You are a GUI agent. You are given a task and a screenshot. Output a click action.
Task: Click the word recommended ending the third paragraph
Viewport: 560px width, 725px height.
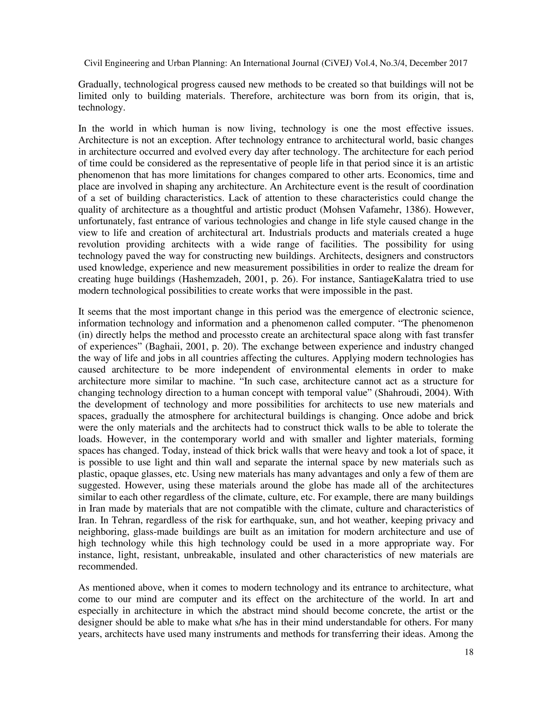(107, 567)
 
